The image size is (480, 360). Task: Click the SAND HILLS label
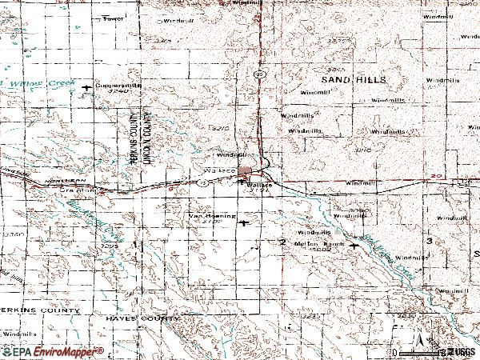pos(352,80)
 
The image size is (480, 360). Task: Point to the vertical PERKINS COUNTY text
pos(134,136)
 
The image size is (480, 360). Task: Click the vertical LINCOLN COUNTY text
pos(146,136)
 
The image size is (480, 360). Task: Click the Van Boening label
pos(211,215)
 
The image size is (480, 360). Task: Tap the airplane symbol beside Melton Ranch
pos(354,248)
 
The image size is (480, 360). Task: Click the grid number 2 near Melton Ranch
pos(282,242)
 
